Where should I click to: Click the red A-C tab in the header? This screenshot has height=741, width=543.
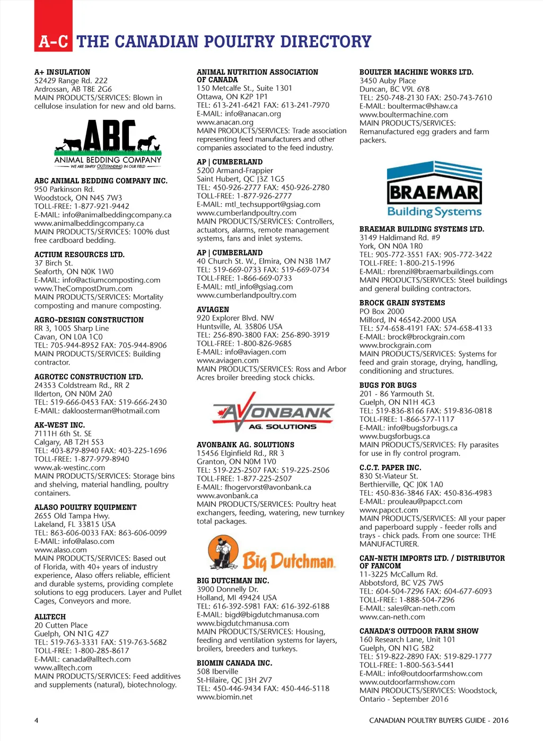coord(53,41)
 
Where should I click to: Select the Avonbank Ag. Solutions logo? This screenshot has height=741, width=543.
coord(273,412)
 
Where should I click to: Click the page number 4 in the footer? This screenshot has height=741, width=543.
coord(36,720)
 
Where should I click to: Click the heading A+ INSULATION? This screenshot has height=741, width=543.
coord(62,72)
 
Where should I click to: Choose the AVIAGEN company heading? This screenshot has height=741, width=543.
coord(213,310)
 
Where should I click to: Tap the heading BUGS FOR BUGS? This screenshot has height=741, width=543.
coord(388,385)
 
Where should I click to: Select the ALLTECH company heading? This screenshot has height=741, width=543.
coord(50,617)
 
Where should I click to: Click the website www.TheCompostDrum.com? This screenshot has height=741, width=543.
coord(83,289)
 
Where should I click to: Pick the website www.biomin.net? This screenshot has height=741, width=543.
coord(225,697)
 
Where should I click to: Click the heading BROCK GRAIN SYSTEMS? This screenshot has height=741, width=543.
coord(402,303)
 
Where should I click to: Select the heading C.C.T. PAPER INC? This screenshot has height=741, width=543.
coord(390,467)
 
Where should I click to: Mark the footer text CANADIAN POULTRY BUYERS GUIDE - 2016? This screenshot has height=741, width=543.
coord(439,720)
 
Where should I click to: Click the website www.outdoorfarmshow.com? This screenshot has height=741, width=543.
coord(407,682)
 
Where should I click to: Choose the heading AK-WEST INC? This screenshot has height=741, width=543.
coord(59,425)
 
